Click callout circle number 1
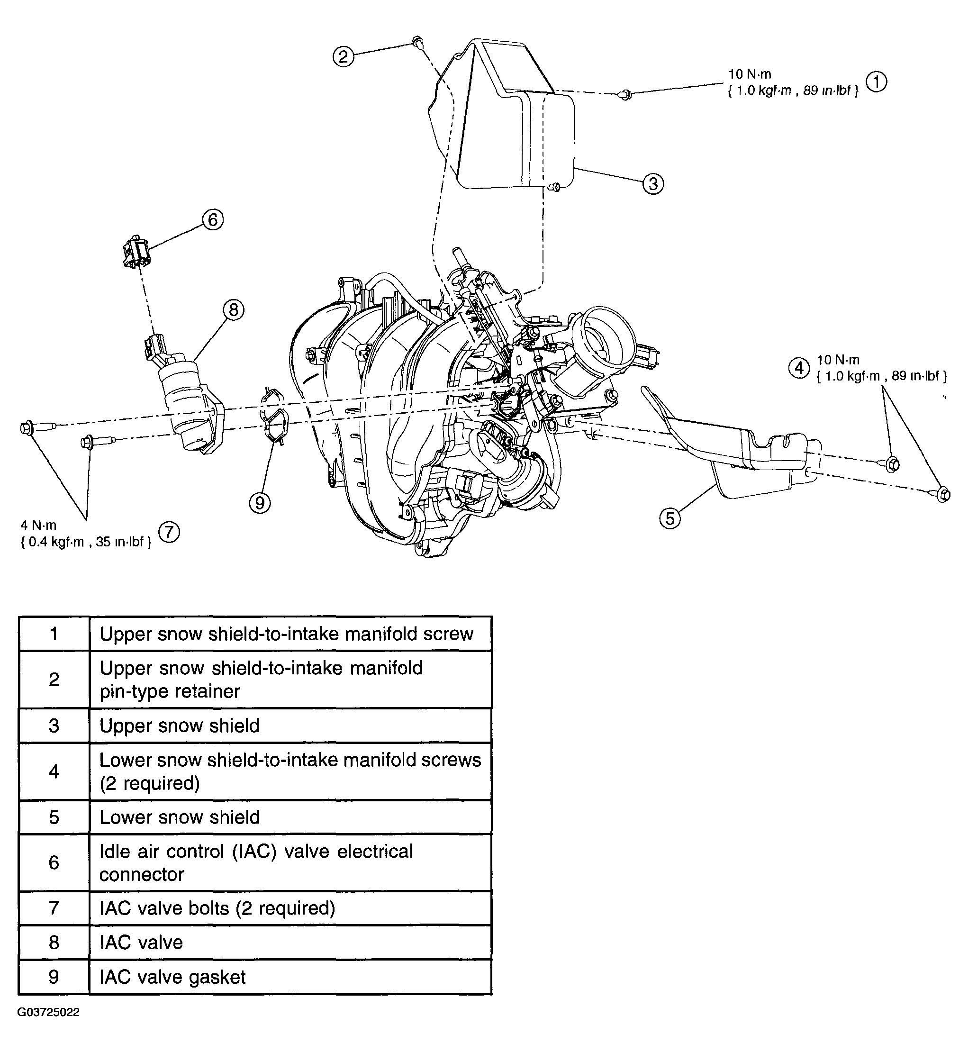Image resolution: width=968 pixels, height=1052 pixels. pyautogui.click(x=877, y=82)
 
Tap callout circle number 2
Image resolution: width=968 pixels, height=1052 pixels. pyautogui.click(x=343, y=56)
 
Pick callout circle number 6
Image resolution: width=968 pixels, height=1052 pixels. pyautogui.click(x=213, y=219)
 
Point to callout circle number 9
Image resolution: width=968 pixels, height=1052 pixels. pyautogui.click(x=260, y=503)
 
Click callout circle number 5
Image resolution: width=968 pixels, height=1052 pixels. pyautogui.click(x=670, y=519)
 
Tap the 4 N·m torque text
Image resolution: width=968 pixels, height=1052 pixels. pyautogui.click(x=38, y=525)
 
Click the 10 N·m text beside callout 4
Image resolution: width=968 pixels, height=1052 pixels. pyautogui.click(x=838, y=360)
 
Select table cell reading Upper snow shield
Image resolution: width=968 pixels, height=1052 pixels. pyautogui.click(x=180, y=726)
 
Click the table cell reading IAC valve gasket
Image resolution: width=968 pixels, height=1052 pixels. pyautogui.click(x=172, y=977)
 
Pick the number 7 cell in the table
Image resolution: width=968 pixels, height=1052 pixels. pyautogui.click(x=54, y=908)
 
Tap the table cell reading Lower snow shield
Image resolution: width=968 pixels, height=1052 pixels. pyautogui.click(x=180, y=817)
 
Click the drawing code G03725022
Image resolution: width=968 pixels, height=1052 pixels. pyautogui.click(x=48, y=1012)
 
